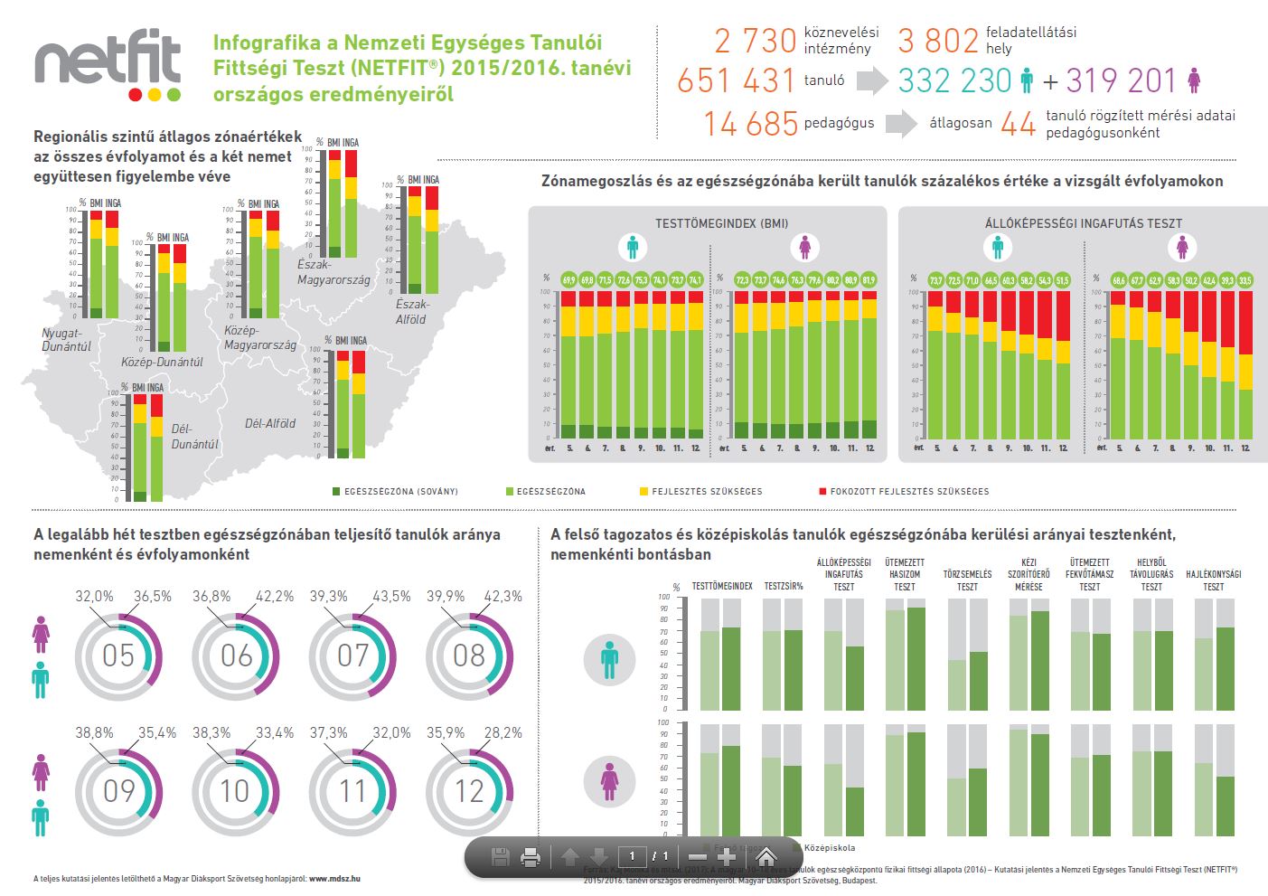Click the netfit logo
pos(108,68)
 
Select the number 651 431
pos(737,81)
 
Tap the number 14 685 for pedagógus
pos(750,124)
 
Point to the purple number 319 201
pos(1121,81)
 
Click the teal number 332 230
pos(954,81)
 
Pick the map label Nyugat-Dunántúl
pos(66,339)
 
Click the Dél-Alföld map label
pos(270,423)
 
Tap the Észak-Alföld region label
pos(412,312)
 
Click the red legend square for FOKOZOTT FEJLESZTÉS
pos(822,492)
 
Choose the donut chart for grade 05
pos(118,655)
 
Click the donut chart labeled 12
pos(469,792)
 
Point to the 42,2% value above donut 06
pos(275,597)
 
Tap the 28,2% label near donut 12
pos(503,733)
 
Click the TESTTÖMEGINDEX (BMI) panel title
pos(721,223)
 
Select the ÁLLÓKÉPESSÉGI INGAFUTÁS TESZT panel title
pos(1084,223)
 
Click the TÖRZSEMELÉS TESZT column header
pos(967,580)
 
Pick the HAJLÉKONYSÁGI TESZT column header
pos(1213,580)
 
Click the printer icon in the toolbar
pos(531,857)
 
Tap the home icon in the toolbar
pos(766,856)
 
